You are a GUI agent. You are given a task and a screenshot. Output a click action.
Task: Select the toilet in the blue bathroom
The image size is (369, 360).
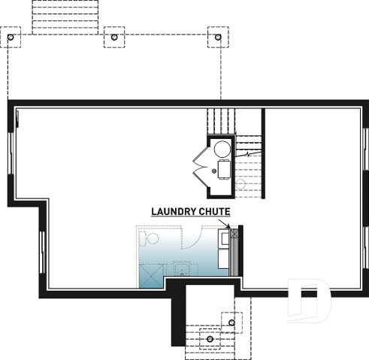click(148, 240)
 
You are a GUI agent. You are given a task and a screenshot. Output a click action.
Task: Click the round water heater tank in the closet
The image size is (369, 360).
click(223, 149)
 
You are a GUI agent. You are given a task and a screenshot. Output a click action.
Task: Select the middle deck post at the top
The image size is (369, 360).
click(114, 36)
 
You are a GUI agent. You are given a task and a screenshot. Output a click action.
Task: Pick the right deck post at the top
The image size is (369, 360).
click(219, 36)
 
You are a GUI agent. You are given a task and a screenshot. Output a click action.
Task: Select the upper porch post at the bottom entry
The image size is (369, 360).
click(231, 322)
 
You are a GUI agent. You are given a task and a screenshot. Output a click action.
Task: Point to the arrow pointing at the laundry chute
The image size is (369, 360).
click(225, 223)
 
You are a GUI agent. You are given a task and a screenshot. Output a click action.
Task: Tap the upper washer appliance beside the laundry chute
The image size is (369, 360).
click(224, 240)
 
